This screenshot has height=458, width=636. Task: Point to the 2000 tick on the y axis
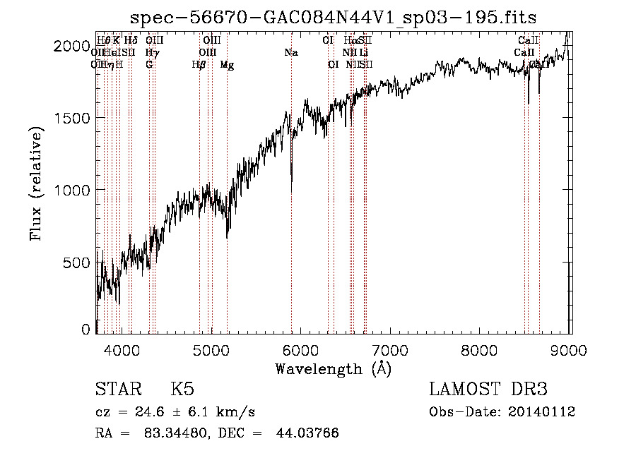pyautogui.click(x=71, y=46)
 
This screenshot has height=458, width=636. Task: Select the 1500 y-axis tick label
pyautogui.click(x=71, y=119)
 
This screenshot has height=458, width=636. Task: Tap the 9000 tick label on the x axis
pyautogui.click(x=570, y=348)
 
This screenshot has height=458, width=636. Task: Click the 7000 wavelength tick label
pyautogui.click(x=391, y=348)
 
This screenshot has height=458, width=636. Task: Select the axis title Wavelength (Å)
pyautogui.click(x=333, y=368)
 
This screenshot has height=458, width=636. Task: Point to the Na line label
pyautogui.click(x=291, y=52)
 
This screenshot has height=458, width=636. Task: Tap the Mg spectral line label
pyautogui.click(x=227, y=65)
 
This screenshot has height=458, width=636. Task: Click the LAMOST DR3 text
pyautogui.click(x=488, y=390)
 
